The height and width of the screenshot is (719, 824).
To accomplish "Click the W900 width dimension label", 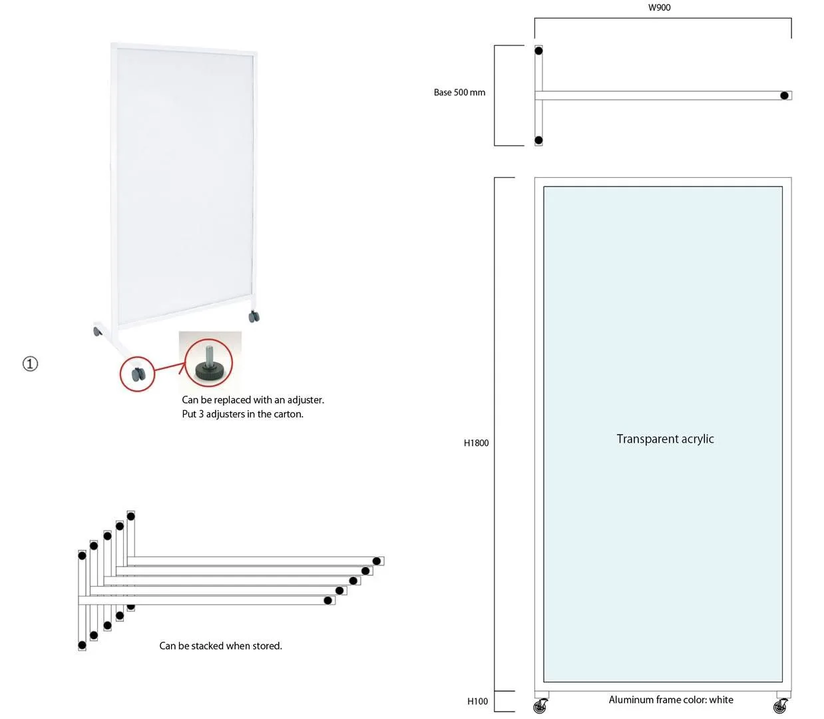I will click(659, 7).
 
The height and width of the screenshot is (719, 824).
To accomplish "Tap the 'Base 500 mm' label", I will click(459, 93).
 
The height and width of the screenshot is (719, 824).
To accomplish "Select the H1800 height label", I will click(476, 443).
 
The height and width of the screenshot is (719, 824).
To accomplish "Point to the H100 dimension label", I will click(477, 701).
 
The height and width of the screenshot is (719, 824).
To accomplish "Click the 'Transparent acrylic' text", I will click(665, 439).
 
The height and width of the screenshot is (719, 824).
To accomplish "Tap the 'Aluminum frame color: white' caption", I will click(671, 700).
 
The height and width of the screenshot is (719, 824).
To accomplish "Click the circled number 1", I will click(31, 363).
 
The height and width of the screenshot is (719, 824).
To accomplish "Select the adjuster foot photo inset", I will click(210, 361).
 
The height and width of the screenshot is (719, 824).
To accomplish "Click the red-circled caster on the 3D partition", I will click(138, 374).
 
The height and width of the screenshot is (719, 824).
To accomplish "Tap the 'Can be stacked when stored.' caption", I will click(220, 646).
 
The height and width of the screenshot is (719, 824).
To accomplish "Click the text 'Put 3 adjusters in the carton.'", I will click(242, 414).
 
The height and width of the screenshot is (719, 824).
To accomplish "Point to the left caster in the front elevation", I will click(540, 706).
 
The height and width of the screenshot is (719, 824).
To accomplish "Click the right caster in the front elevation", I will click(780, 706).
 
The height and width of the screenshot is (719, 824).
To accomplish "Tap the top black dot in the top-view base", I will click(538, 51).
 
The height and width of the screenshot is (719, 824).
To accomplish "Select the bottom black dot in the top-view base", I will click(538, 140).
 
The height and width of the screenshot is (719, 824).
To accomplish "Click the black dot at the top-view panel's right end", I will click(784, 96).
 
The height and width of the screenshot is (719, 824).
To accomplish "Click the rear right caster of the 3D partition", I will click(254, 316).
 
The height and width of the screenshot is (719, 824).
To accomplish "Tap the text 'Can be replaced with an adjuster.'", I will click(253, 400).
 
